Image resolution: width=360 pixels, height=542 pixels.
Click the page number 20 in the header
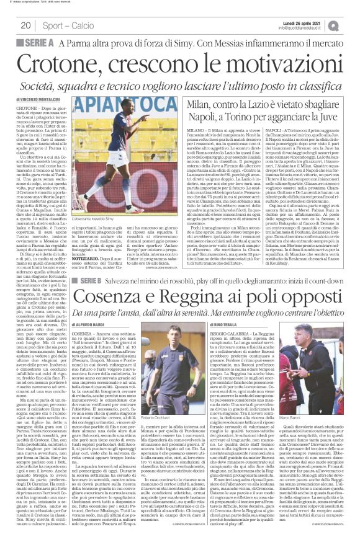[26, 25]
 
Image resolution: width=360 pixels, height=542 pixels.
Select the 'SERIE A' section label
[40, 42]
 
